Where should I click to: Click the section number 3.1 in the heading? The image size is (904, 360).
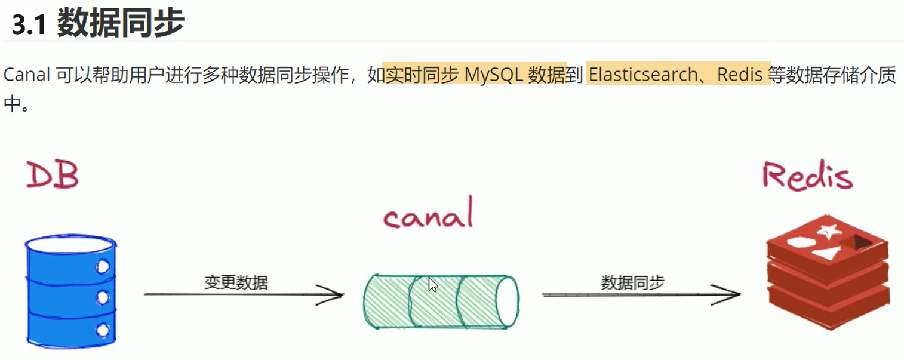[x=29, y=24]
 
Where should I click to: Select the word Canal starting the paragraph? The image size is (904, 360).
[x=27, y=75]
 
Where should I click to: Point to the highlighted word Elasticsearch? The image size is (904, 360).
[x=643, y=75]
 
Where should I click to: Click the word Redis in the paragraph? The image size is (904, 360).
[x=740, y=75]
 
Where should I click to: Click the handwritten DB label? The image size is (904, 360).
[x=53, y=175]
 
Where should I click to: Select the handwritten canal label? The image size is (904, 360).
[x=428, y=213]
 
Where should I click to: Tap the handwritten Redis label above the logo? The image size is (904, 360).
[x=807, y=176]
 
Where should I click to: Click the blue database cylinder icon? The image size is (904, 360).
[x=71, y=291]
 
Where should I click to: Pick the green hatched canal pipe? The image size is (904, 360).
[x=441, y=301]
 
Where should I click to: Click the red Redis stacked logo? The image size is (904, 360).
[x=828, y=272]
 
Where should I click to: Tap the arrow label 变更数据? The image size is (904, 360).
[x=236, y=282]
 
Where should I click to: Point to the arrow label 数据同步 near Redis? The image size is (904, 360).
[x=632, y=282]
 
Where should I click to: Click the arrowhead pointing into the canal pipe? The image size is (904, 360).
[x=331, y=294]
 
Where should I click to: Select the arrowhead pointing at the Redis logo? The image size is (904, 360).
[x=727, y=294]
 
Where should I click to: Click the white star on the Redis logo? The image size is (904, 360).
[x=829, y=231]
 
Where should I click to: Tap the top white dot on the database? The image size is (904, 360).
[x=103, y=266]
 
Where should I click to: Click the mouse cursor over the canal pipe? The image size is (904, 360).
[x=433, y=285]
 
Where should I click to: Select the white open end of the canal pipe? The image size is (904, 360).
[x=508, y=301]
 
